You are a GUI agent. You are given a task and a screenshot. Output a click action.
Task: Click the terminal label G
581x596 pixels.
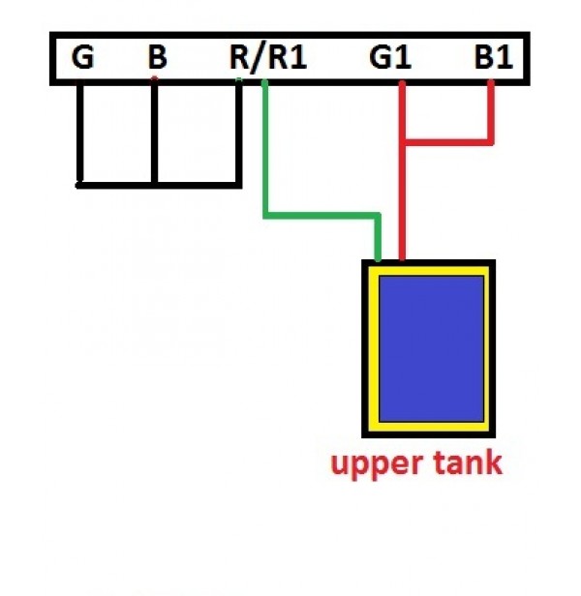tap(83, 58)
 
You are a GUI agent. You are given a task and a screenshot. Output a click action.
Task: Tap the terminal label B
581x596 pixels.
tap(157, 58)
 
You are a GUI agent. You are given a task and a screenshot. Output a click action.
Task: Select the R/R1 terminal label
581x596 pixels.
tap(268, 58)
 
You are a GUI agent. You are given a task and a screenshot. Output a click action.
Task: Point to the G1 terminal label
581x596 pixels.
tap(390, 58)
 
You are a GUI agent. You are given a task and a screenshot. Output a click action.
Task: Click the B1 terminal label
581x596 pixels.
tap(492, 58)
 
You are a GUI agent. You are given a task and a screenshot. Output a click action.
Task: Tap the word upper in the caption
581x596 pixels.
tap(374, 464)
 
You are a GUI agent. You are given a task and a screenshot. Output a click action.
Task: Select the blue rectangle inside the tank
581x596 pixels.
tap(431, 348)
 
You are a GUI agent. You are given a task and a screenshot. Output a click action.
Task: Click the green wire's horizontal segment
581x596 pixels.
tap(320, 215)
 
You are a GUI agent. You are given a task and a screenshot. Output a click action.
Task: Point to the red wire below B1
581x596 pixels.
tap(491, 111)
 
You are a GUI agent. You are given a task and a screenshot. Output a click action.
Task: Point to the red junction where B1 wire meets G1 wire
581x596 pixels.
tap(402, 143)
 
